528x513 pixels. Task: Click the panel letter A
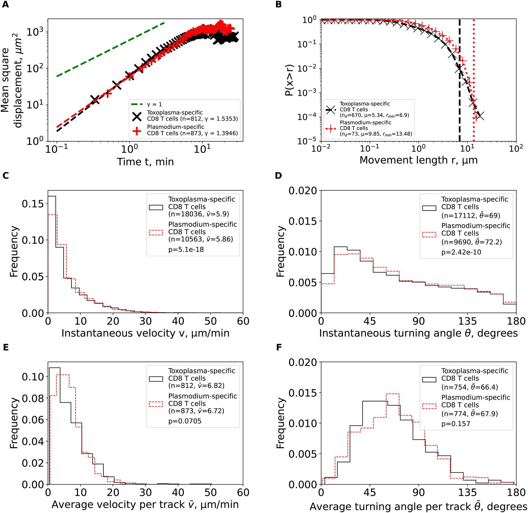(x=5, y=5)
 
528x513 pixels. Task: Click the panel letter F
(x=279, y=347)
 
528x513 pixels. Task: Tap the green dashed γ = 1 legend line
(x=137, y=104)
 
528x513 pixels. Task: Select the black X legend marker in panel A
(x=137, y=116)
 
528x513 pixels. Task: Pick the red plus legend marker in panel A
(x=137, y=131)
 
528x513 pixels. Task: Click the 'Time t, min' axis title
(x=145, y=162)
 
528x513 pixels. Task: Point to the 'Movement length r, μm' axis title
(x=418, y=160)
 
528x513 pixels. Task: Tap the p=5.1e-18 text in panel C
(x=186, y=249)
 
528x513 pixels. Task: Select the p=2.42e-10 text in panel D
(x=461, y=252)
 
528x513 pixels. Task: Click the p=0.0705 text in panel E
(x=185, y=421)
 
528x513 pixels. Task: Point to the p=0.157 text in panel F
(x=456, y=424)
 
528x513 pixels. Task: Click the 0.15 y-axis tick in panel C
(x=33, y=204)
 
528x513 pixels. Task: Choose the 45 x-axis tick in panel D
(x=370, y=321)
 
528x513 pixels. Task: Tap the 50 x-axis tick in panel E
(x=210, y=493)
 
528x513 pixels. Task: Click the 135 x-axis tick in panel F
(x=467, y=493)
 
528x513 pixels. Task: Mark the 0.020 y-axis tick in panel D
(x=302, y=191)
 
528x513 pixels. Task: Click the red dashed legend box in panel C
(x=156, y=232)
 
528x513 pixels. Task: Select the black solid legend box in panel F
(x=429, y=380)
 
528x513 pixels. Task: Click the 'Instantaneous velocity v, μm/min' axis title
(x=145, y=333)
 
